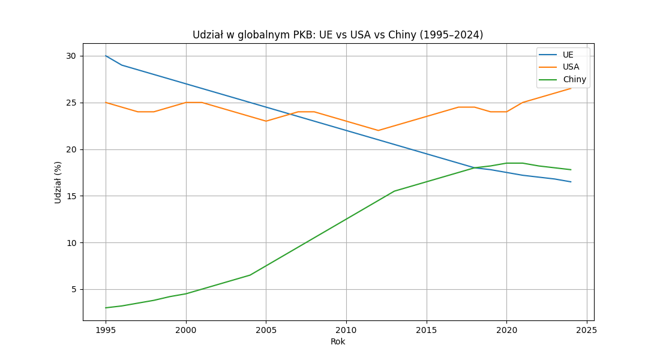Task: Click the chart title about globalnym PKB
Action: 338,35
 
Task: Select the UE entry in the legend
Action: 568,55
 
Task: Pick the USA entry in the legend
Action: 571,67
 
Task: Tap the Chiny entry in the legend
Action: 574,79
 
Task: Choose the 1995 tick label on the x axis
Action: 106,330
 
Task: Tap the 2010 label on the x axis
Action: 346,330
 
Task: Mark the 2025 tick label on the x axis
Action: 587,330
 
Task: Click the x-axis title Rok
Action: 338,342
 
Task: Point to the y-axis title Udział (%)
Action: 58,182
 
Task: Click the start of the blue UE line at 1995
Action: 106,56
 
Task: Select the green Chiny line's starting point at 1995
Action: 106,308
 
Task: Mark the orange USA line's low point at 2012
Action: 378,130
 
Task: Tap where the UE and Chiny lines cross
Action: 474,168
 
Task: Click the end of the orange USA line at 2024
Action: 571,88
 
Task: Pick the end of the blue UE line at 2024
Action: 571,182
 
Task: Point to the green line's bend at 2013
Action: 394,191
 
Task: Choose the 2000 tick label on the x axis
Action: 186,330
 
